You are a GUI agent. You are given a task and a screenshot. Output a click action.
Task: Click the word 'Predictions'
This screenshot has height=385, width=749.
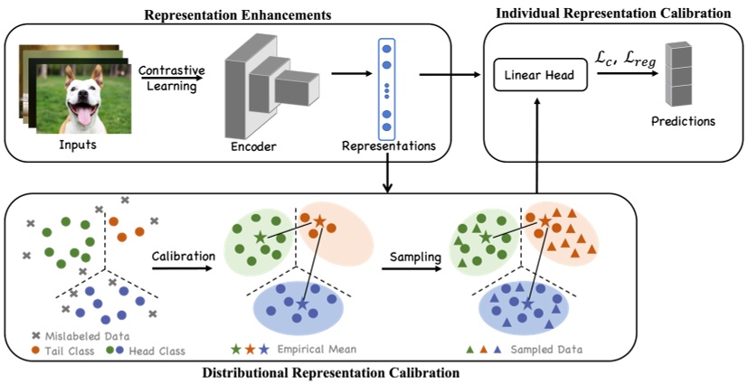pos(685,119)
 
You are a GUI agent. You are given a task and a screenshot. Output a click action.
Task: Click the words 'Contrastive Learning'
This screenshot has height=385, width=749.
pos(173,77)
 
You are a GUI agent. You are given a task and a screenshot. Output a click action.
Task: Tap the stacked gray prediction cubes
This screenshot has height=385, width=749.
pos(679,74)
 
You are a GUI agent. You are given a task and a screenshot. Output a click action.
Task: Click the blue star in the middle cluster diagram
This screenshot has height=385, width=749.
pos(301,305)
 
